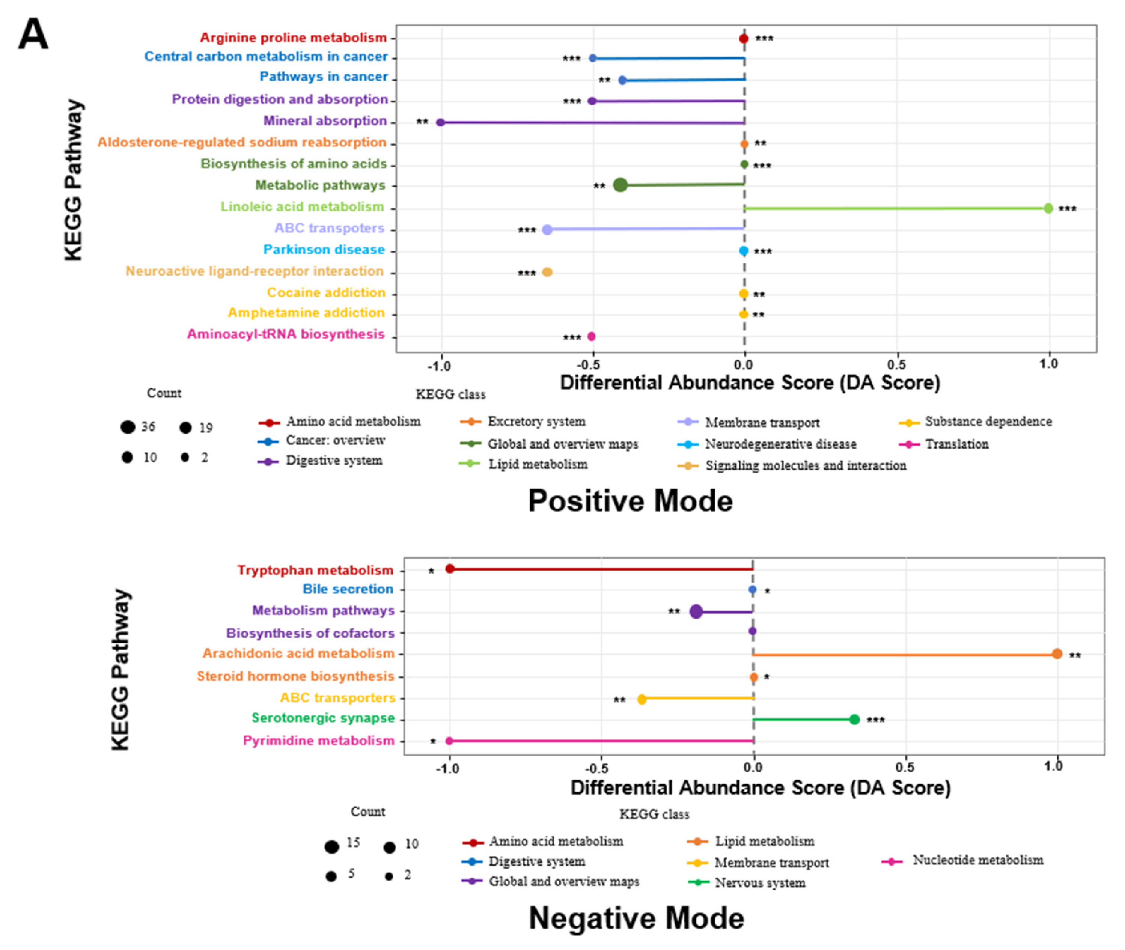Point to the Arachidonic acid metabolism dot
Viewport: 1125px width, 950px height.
pos(1057,654)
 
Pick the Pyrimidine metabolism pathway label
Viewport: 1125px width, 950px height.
pos(318,741)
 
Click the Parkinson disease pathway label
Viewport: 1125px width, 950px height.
pos(324,250)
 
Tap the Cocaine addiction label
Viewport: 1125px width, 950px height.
pos(326,292)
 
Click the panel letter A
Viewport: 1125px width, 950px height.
pos(33,35)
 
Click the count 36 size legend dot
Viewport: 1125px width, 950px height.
pos(128,428)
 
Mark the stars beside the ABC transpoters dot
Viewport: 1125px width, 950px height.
pos(526,230)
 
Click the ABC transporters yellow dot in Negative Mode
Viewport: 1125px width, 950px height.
pos(641,699)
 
